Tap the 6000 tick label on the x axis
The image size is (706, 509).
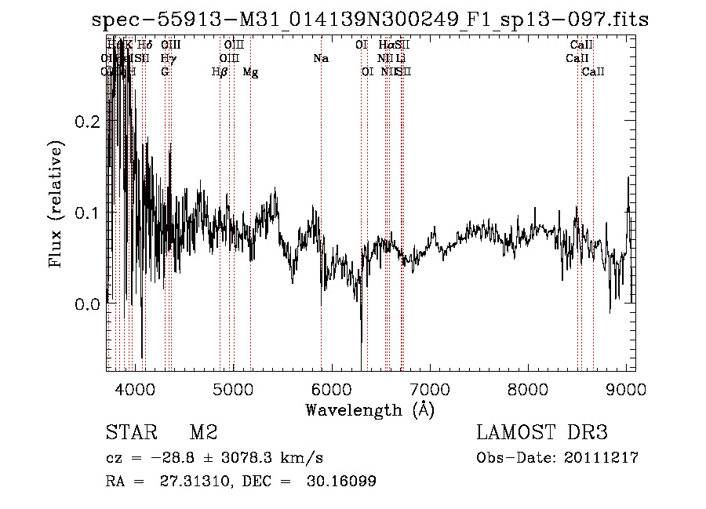[x=332, y=387]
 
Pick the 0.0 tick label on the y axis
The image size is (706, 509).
[x=88, y=304]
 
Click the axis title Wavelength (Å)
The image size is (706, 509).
[x=369, y=409]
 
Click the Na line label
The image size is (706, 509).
[x=320, y=59]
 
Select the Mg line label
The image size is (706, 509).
[x=250, y=72]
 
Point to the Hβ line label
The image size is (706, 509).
[x=220, y=72]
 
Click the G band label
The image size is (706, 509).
[x=165, y=72]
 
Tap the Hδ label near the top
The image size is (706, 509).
[x=144, y=45]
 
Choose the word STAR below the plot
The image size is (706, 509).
[x=129, y=433]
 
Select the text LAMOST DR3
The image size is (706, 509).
[x=542, y=433]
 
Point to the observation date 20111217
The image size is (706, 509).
[x=602, y=458]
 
